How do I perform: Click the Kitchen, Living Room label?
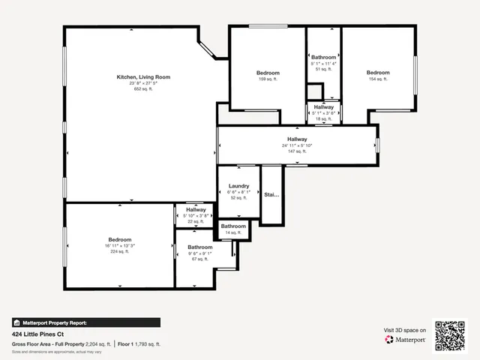[142, 76]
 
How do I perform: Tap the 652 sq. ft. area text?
[142, 88]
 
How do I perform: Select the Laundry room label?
[238, 186]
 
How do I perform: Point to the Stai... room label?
[271, 194]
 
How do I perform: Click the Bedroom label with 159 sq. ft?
[268, 73]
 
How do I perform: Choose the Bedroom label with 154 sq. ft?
[378, 73]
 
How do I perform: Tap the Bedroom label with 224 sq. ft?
[120, 239]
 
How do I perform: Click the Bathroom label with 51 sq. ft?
[324, 58]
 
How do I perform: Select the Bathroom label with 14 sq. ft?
[233, 226]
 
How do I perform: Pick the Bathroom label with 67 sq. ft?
[199, 247]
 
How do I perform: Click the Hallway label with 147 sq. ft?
[297, 139]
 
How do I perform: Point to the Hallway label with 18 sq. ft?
[324, 107]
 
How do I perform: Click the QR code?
[450, 335]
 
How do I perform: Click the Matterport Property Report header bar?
[85, 322]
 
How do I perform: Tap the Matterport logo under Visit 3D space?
[406, 340]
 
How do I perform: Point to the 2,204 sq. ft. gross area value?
[98, 344]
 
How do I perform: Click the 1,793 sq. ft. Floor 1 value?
[148, 344]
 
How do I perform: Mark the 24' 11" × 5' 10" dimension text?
[297, 145]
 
